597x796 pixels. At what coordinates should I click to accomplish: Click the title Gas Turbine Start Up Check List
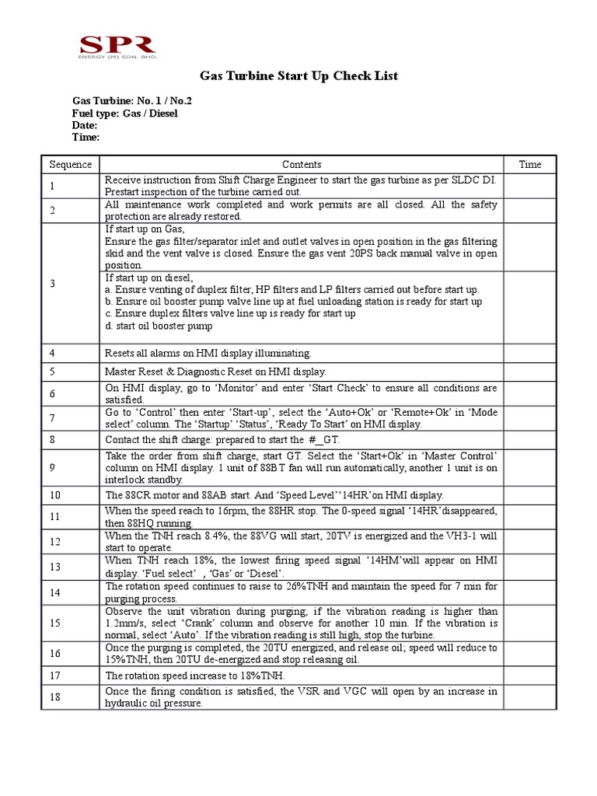299,76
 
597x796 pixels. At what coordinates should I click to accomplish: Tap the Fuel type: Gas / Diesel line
125,113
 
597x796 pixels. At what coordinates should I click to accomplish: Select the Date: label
85,125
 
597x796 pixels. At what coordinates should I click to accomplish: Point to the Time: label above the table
86,137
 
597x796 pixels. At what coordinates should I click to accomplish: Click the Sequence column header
70,165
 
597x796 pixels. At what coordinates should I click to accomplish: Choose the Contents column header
302,165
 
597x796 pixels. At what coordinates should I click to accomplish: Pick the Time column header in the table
530,165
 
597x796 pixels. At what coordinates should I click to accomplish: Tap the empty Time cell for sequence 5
530,372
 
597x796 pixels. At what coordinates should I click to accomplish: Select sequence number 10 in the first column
54,495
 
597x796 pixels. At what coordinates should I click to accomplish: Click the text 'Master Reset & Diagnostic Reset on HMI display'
216,372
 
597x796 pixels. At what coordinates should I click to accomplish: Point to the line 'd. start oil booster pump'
159,326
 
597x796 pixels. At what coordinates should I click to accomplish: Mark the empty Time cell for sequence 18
530,697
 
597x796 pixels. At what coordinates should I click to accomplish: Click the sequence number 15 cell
54,623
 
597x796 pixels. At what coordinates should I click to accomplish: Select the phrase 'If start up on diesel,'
149,278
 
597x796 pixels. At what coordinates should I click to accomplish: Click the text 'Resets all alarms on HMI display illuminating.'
208,353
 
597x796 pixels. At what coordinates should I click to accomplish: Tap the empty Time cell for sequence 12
530,542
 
